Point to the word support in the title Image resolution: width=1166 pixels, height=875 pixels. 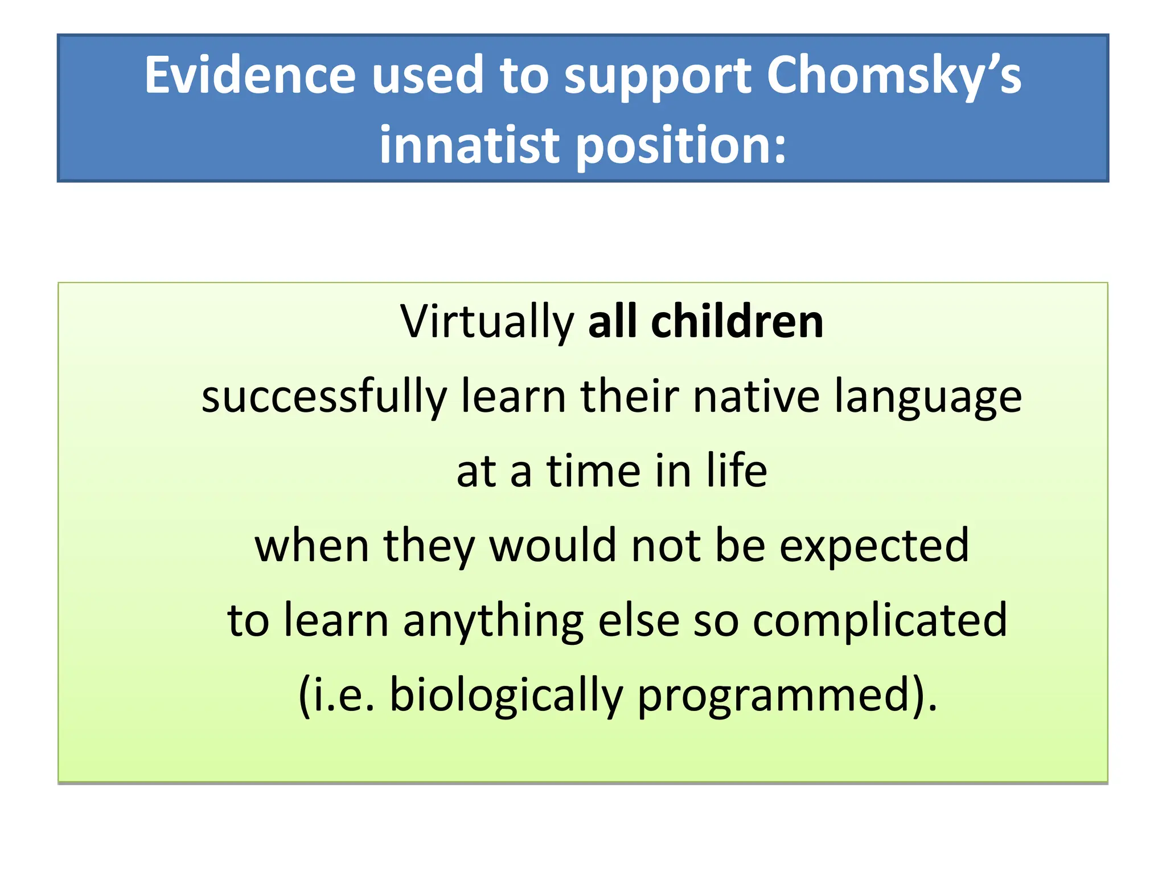click(658, 77)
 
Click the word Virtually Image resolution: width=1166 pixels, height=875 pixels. click(487, 322)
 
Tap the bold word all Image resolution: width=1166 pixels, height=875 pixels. click(611, 321)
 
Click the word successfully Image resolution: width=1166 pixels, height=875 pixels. click(324, 397)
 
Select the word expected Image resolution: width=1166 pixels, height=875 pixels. click(874, 546)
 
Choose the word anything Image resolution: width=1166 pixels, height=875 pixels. click(493, 621)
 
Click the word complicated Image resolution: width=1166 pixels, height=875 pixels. click(880, 621)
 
